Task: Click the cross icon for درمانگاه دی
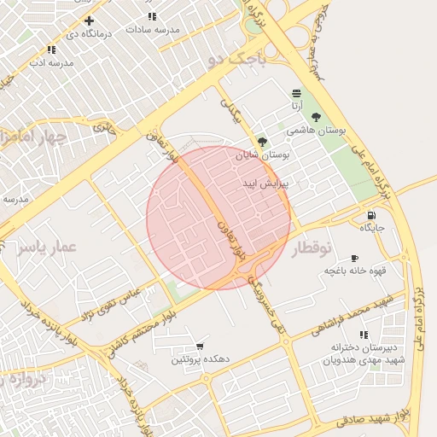coord(89,20)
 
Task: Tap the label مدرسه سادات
coord(154,29)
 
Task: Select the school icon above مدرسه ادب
coord(51,50)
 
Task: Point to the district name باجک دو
coord(236,59)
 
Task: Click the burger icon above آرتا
coord(296,93)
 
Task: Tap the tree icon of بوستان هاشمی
coord(317,117)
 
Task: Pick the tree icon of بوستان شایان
coord(262,143)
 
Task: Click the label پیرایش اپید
coord(267,184)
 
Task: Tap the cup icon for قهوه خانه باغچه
coord(354,258)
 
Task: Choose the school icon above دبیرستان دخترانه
coord(364,335)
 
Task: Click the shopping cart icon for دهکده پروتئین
coord(200,347)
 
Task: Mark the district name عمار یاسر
coord(47,247)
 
